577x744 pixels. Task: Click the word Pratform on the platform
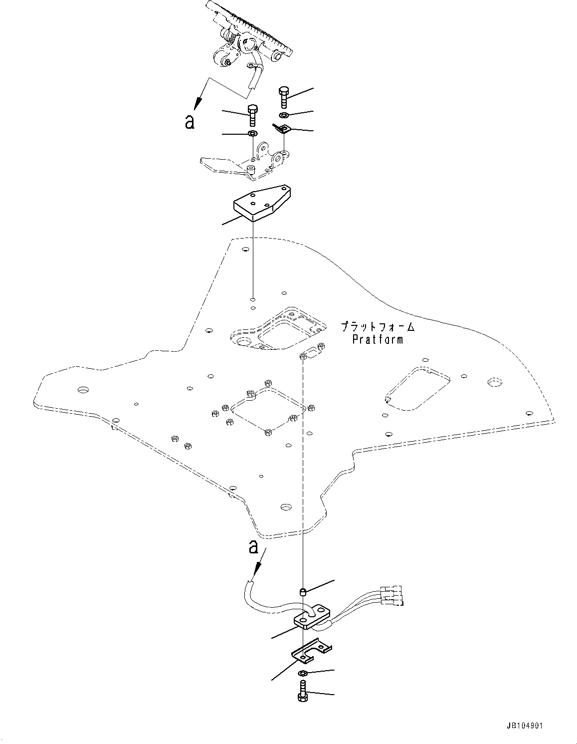coord(378,340)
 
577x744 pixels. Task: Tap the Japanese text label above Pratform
coord(378,327)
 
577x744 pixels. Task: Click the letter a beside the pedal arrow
coord(190,121)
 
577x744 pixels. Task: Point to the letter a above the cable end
coord(253,547)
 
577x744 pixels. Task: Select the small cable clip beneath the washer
coord(283,130)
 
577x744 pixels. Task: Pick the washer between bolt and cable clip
coord(283,116)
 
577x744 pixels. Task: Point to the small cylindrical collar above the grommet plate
coord(302,592)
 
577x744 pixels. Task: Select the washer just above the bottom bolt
coord(303,674)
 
